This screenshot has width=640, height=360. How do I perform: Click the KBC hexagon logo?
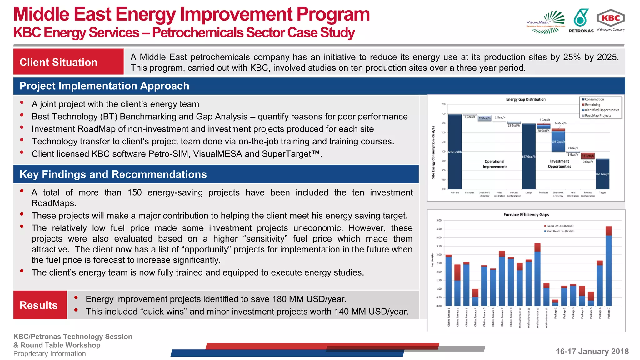point(610,18)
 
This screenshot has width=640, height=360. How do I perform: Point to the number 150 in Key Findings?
point(134,192)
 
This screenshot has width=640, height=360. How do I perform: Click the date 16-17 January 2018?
point(592,351)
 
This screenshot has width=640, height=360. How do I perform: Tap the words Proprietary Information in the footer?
point(49,354)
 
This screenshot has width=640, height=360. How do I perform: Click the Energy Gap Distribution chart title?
point(526,99)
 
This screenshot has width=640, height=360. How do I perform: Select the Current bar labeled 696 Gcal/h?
point(455,152)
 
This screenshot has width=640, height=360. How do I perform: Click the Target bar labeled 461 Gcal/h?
point(602,174)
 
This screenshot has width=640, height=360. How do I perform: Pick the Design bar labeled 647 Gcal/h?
point(528,156)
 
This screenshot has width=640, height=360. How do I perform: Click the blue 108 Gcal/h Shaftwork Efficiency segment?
point(558,141)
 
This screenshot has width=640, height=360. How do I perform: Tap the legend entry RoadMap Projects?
point(597,116)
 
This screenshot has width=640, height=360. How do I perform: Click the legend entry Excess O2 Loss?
point(559,226)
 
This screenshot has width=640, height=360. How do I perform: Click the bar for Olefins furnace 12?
point(537,275)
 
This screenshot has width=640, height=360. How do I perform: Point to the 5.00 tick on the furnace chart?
point(439,221)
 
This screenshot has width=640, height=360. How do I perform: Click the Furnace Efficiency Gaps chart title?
point(526,215)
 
